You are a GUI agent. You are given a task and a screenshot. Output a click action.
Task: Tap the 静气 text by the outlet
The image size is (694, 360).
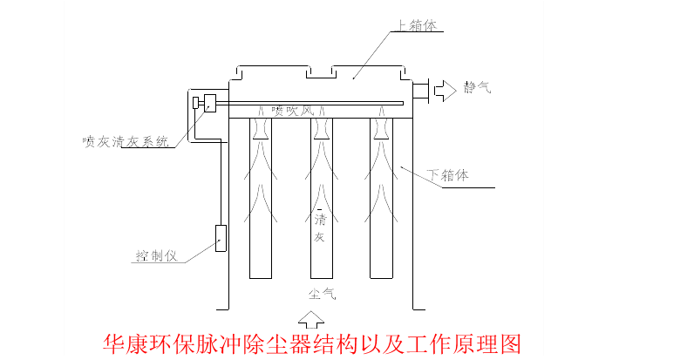pyautogui.click(x=477, y=87)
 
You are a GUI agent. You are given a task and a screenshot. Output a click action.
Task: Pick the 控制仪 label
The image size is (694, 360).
pyautogui.click(x=156, y=255)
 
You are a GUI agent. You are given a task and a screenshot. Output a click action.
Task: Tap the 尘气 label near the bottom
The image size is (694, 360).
pyautogui.click(x=320, y=293)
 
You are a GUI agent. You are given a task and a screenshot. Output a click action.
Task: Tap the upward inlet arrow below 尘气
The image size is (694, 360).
pyautogui.click(x=310, y=316)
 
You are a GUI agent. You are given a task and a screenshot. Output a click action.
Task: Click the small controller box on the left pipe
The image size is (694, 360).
pyautogui.click(x=220, y=238)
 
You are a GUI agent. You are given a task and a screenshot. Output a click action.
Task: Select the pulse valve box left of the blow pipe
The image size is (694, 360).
pyautogui.click(x=208, y=102)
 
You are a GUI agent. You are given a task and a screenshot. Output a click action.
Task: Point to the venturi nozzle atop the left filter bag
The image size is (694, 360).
pyautogui.click(x=262, y=129)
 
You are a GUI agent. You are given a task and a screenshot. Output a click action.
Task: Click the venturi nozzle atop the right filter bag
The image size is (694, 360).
pyautogui.click(x=380, y=129)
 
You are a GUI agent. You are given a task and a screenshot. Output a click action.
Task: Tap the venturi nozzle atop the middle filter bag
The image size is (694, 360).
pyautogui.click(x=321, y=129)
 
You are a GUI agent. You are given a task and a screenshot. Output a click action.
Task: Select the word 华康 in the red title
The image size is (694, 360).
pyautogui.click(x=123, y=341)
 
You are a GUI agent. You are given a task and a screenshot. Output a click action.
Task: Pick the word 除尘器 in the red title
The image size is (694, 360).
pyautogui.click(x=294, y=341)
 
